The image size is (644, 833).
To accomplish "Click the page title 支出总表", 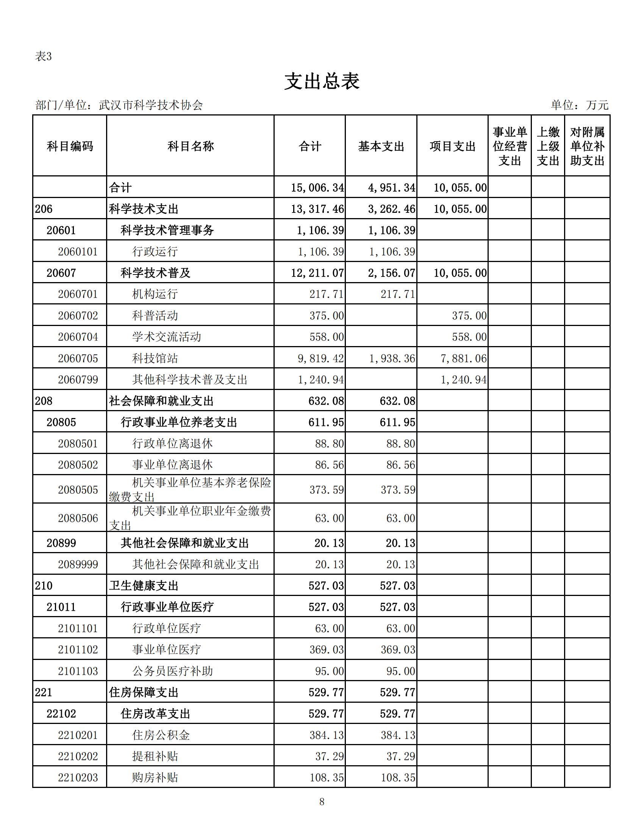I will [x=322, y=81].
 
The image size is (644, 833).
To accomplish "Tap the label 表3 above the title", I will [x=43, y=56].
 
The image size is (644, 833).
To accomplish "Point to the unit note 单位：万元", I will [x=579, y=105].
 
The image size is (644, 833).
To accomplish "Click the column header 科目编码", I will [x=70, y=146].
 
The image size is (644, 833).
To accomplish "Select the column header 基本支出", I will [x=381, y=146].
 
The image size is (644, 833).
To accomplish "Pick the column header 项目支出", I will [x=452, y=146].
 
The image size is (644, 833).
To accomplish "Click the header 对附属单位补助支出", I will [x=587, y=146].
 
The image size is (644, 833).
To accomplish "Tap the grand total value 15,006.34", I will [x=317, y=187].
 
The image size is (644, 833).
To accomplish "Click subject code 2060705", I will [x=78, y=358].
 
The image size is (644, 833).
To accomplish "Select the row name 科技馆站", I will [x=155, y=358].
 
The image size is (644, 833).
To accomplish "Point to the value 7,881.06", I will [x=464, y=358].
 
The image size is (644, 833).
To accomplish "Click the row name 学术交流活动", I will [x=166, y=337].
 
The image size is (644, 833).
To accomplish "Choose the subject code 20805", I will [x=61, y=422].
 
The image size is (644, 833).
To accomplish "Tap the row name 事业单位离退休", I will [x=172, y=465].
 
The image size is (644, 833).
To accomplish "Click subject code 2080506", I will [x=78, y=518].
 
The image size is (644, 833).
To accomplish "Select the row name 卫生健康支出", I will [x=144, y=585].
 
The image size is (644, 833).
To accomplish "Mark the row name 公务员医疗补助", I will [x=172, y=671].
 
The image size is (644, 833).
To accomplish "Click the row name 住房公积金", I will [x=161, y=735].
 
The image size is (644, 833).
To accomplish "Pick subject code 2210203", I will [x=78, y=777].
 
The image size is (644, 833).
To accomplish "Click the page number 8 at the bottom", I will [x=322, y=802].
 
